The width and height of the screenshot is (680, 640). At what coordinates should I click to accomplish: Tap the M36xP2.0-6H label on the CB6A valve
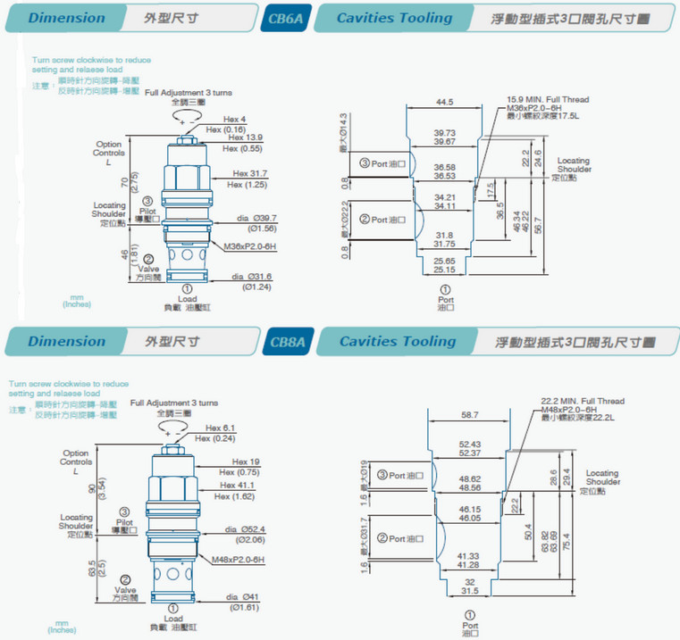pyautogui.click(x=246, y=246)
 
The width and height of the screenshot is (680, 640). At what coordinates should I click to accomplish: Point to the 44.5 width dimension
pyautogui.click(x=445, y=103)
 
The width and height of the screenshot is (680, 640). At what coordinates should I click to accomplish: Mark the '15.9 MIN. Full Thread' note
pyautogui.click(x=548, y=100)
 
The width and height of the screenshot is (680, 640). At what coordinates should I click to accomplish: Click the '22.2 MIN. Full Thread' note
pyautogui.click(x=583, y=401)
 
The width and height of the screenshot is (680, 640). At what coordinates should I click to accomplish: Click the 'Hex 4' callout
pyautogui.click(x=235, y=120)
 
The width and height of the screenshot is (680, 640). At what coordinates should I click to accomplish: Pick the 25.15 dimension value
pyautogui.click(x=444, y=269)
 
